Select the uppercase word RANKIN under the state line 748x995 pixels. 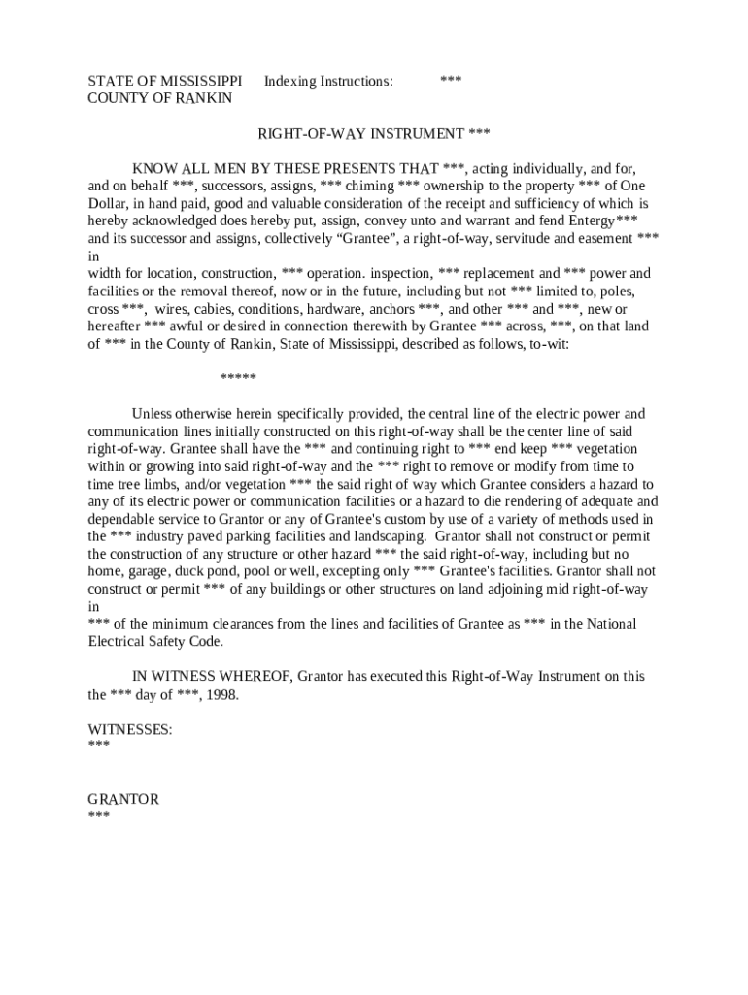coord(205,98)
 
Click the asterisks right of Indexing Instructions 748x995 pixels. coord(451,82)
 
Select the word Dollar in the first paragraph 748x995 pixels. coord(109,203)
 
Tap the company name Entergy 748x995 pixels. coord(588,221)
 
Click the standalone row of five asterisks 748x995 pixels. coord(238,378)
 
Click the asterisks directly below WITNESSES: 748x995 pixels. coord(98,746)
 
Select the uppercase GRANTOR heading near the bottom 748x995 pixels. coord(123,799)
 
